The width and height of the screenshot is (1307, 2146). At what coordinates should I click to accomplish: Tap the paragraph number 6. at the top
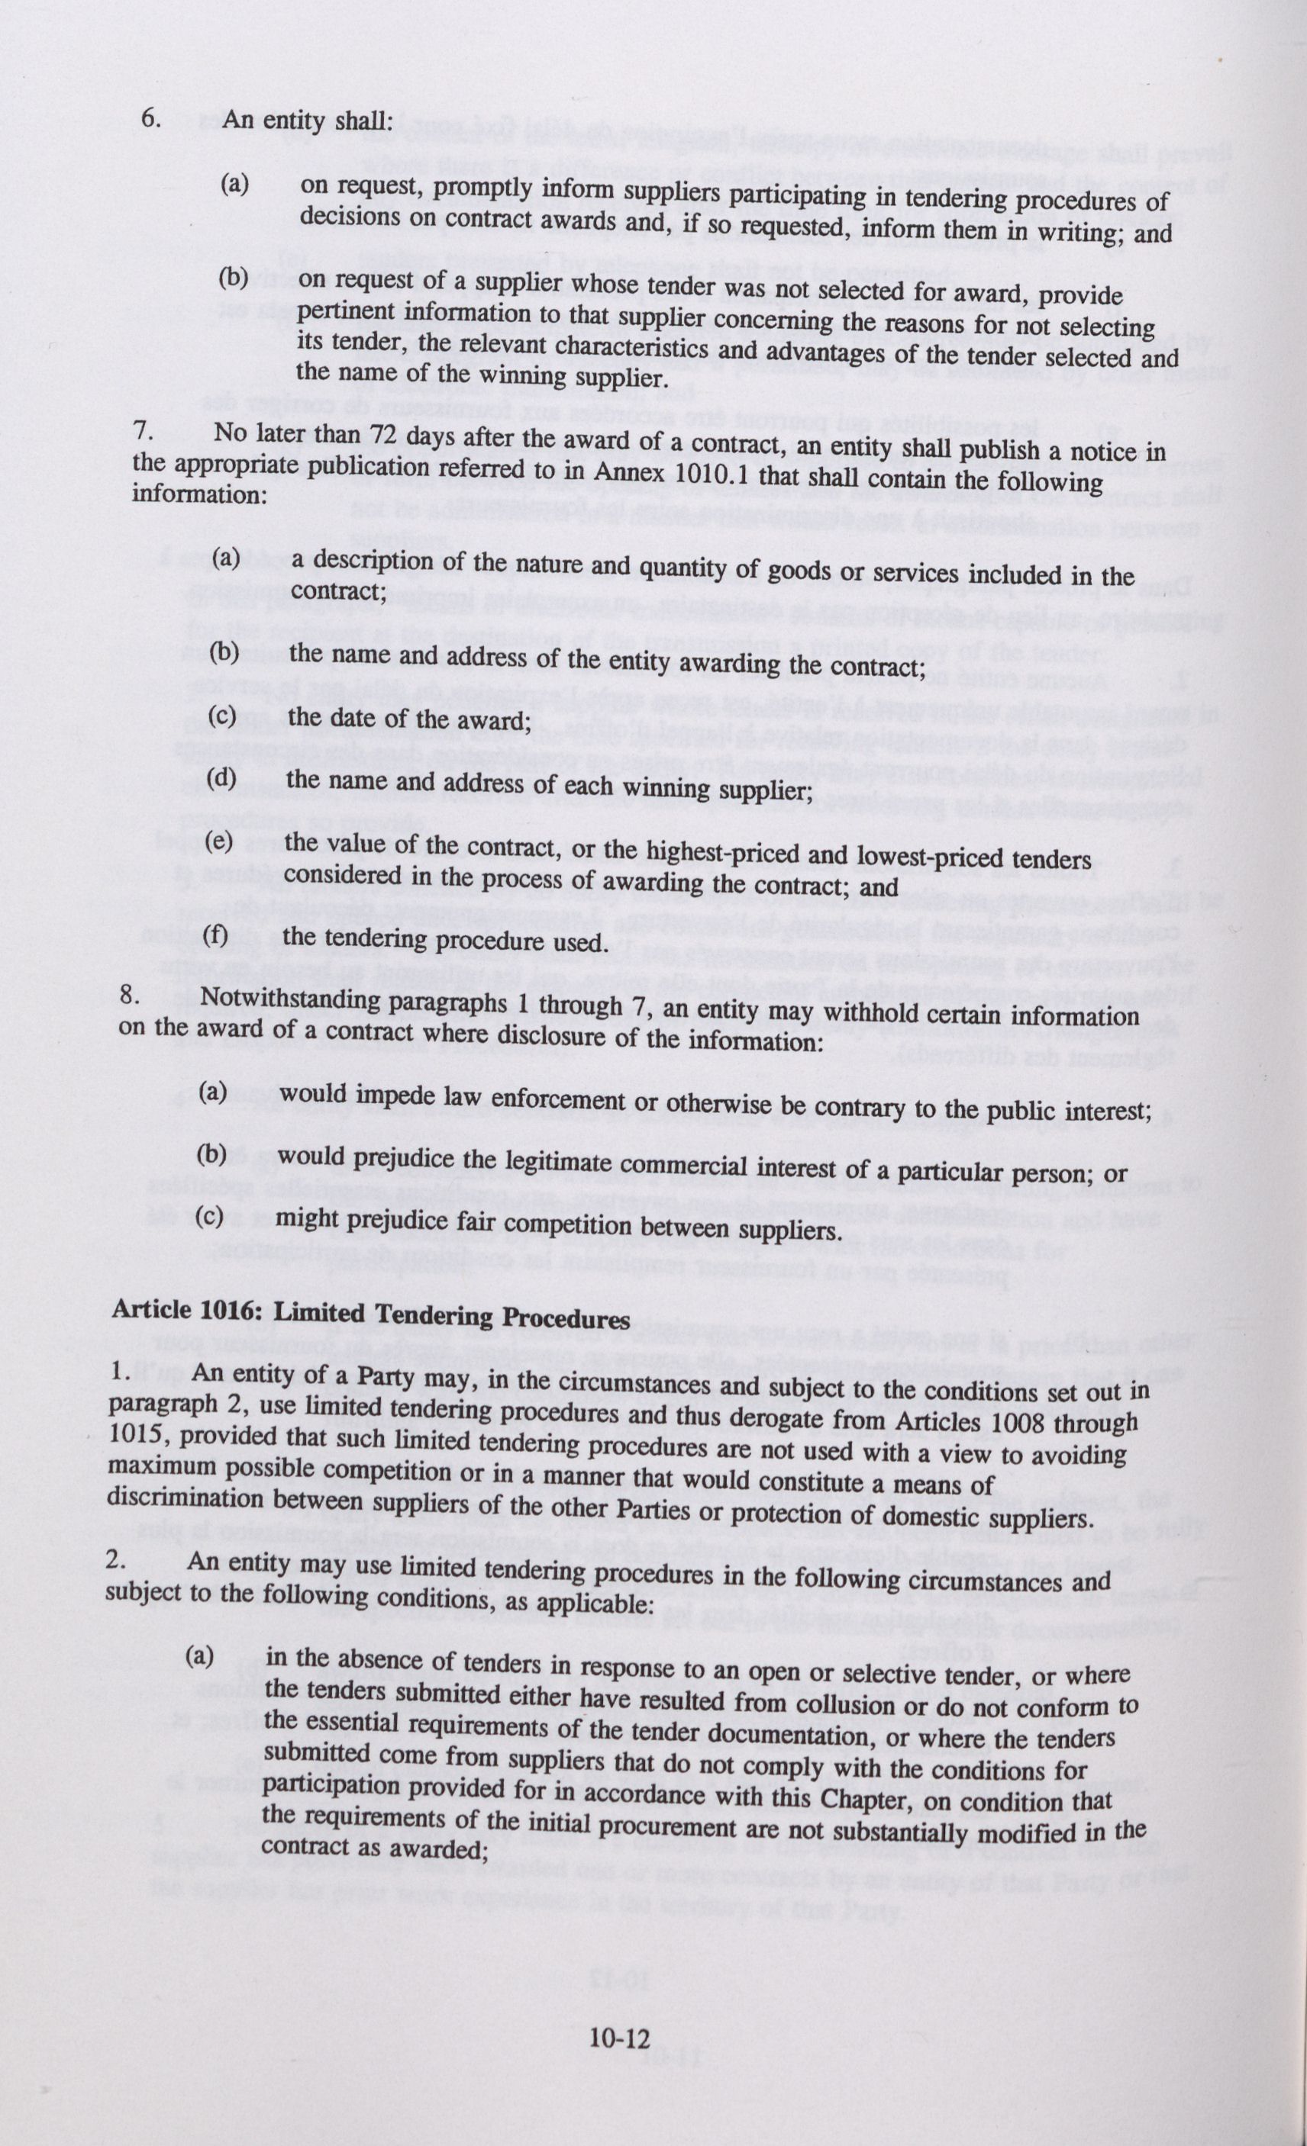point(150,119)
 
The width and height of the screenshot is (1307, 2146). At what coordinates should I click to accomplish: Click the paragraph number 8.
point(129,996)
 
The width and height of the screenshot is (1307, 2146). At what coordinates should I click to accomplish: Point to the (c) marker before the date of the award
point(222,715)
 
